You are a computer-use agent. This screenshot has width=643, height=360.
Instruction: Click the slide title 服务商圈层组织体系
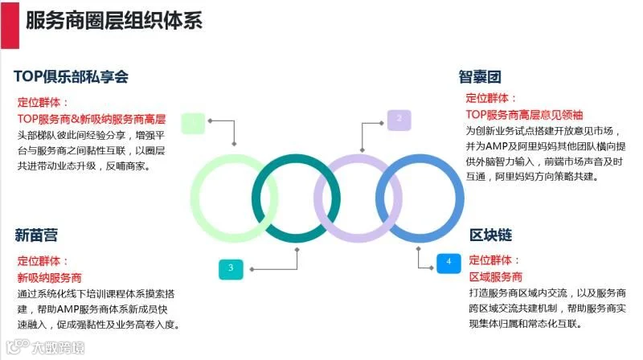(x=114, y=21)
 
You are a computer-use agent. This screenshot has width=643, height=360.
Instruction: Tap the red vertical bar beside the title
(x=10, y=25)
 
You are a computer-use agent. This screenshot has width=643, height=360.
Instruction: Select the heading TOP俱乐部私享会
(x=71, y=76)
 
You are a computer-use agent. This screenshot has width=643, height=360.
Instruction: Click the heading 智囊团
(x=479, y=77)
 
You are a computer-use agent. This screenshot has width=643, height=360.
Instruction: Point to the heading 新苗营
(x=36, y=235)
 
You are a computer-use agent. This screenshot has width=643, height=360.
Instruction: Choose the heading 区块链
(x=490, y=235)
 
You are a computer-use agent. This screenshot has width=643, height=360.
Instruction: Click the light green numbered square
(x=193, y=123)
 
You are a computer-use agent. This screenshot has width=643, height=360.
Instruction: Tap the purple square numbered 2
(x=399, y=121)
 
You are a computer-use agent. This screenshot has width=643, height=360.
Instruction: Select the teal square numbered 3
(x=231, y=269)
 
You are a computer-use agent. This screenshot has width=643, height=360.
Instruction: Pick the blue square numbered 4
(x=448, y=263)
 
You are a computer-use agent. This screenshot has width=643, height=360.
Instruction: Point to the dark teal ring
(x=296, y=158)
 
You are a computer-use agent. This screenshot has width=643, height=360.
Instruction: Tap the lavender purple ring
(x=358, y=158)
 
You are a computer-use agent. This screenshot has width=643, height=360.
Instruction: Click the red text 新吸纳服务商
(x=49, y=277)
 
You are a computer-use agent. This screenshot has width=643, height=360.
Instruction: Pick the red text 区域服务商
(x=495, y=276)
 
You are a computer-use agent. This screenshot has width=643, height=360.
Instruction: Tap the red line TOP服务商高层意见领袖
(x=524, y=115)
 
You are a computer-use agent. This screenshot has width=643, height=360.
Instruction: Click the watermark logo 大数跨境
(x=46, y=348)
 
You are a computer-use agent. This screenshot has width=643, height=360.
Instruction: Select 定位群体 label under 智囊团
(x=487, y=98)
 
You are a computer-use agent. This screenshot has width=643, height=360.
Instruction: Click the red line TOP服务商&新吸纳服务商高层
(x=92, y=119)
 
